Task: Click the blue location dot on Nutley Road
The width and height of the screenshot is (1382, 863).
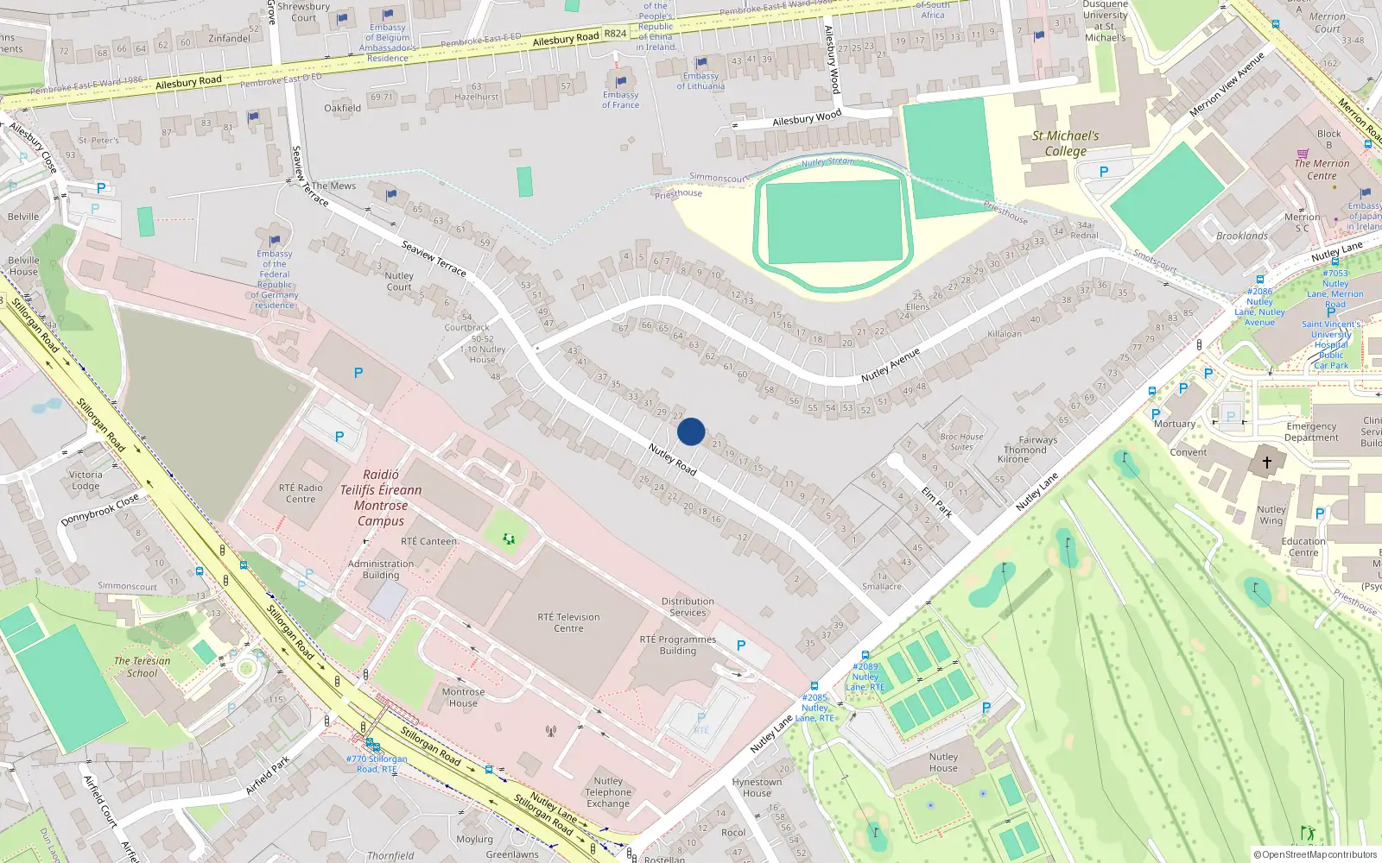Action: tap(691, 431)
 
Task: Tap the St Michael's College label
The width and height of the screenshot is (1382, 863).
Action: tap(1065, 143)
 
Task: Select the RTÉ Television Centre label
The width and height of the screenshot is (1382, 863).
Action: tap(568, 622)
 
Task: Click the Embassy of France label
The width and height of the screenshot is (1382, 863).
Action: tap(621, 100)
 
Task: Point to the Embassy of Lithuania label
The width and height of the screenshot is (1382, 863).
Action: tap(701, 81)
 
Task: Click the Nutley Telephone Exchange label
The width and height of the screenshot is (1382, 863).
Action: tap(608, 792)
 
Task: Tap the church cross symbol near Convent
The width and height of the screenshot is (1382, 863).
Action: tap(1266, 463)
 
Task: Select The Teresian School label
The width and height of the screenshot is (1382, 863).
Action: tap(143, 667)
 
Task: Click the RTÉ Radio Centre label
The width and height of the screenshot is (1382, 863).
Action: tap(301, 493)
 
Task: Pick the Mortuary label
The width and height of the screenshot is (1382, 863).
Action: tap(1175, 424)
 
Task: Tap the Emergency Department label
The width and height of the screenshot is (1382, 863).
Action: tap(1311, 431)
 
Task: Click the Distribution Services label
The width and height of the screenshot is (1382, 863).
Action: tap(688, 607)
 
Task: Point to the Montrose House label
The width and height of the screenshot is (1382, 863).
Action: tap(463, 697)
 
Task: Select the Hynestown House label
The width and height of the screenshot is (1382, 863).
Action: tap(757, 787)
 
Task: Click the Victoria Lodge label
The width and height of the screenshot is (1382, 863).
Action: tap(86, 480)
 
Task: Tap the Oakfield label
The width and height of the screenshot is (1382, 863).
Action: tap(342, 108)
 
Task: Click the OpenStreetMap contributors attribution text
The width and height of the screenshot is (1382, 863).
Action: tap(1315, 854)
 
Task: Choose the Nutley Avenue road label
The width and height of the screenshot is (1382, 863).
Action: tap(890, 365)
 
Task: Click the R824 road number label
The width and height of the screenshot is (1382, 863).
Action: tap(615, 34)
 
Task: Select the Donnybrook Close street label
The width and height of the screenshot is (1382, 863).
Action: tap(99, 510)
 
